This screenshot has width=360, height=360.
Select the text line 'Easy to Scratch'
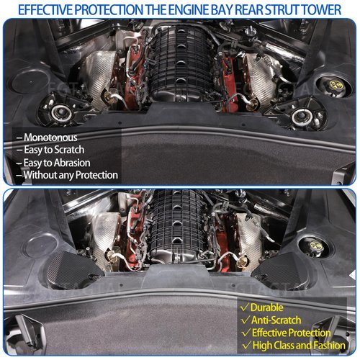point(54,150)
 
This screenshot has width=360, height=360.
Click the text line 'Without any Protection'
point(67,175)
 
